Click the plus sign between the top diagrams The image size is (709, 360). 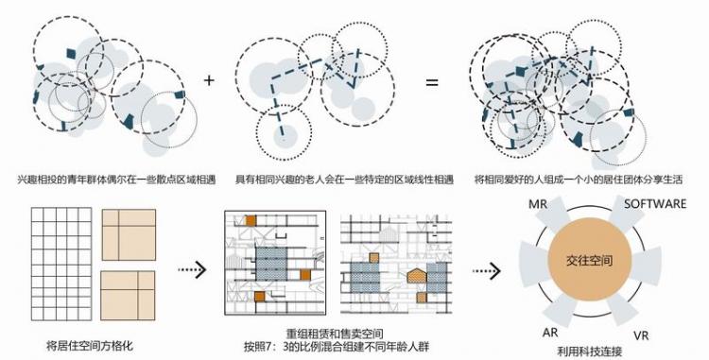coord(209,80)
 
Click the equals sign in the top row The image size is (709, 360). coord(431,82)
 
